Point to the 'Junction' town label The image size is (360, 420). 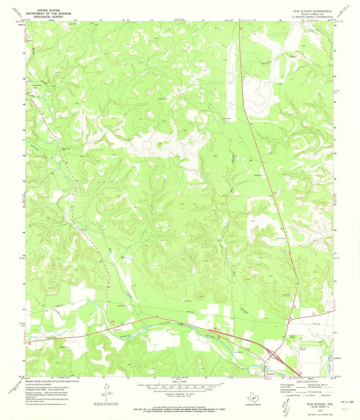(271, 374)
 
